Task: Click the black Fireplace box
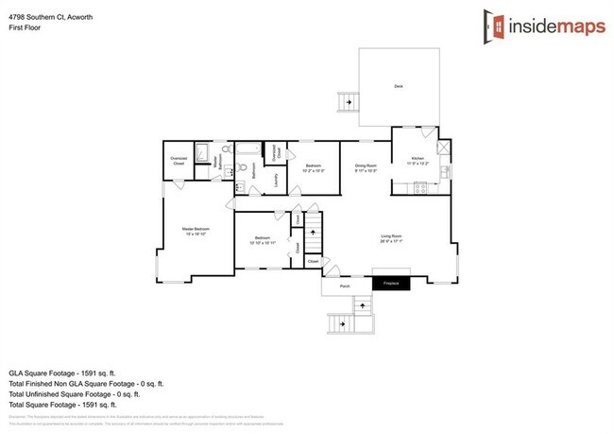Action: click(x=391, y=283)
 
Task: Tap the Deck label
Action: click(x=399, y=87)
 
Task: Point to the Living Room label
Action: click(x=391, y=237)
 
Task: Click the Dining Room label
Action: click(x=366, y=167)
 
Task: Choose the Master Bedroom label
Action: click(x=195, y=231)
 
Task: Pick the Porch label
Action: click(x=345, y=284)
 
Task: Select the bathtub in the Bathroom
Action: click(x=248, y=150)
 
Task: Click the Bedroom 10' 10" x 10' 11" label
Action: click(x=261, y=241)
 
